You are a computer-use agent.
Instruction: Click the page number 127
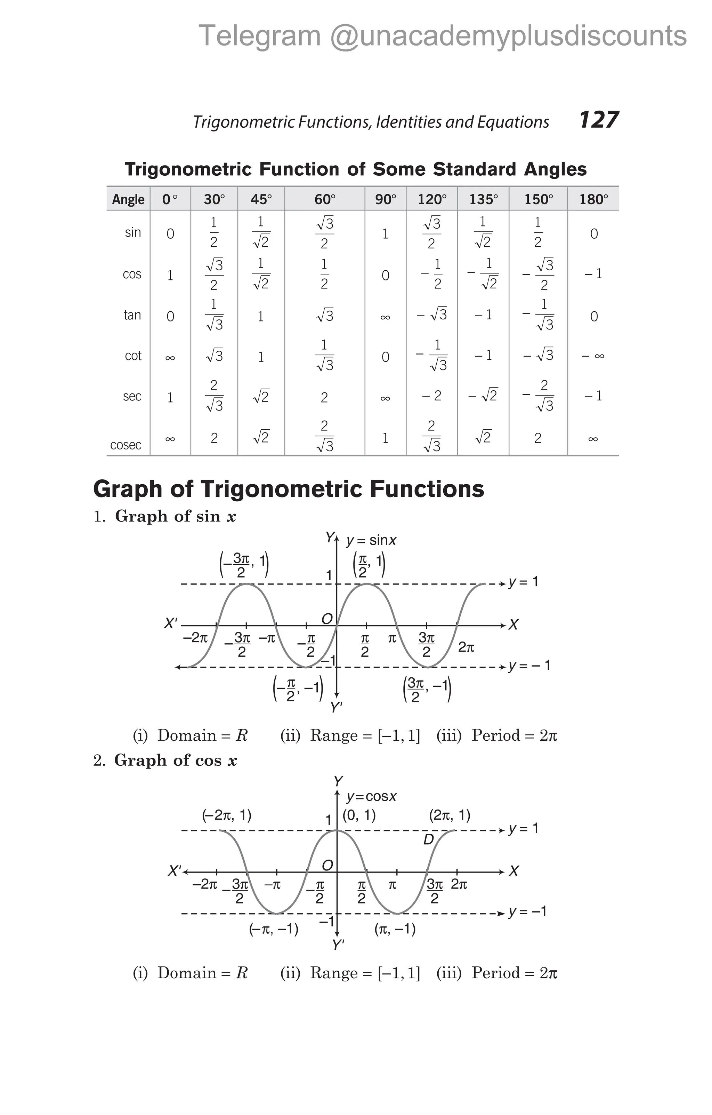click(x=599, y=120)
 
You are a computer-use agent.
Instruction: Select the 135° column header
click(x=484, y=200)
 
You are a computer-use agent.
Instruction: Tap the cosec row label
click(x=126, y=445)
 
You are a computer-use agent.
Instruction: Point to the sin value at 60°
click(x=325, y=233)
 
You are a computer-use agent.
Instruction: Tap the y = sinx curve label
click(x=371, y=540)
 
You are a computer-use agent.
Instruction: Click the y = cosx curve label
click(x=372, y=796)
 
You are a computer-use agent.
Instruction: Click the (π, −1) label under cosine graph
click(x=395, y=929)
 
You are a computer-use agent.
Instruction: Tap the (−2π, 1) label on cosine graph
click(x=227, y=815)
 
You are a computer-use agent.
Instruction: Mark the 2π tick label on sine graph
click(x=466, y=647)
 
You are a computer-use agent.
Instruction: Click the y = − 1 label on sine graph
click(x=529, y=666)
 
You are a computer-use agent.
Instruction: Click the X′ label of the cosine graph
click(x=175, y=871)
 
